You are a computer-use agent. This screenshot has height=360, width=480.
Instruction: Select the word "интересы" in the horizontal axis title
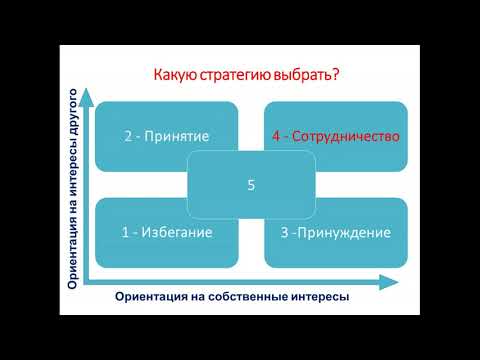click(318, 297)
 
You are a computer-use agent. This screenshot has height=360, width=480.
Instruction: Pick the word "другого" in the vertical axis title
click(73, 129)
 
